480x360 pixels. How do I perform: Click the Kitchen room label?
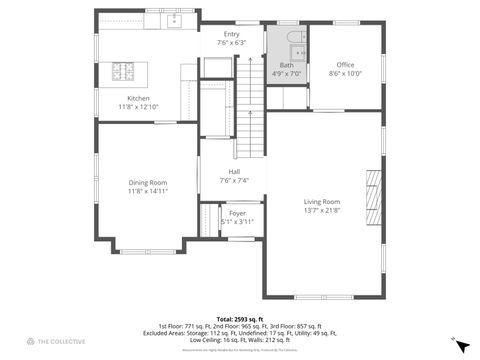(x=138, y=98)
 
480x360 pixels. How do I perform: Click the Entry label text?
(x=231, y=34)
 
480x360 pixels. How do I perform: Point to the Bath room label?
(x=286, y=65)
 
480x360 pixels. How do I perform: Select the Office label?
(x=345, y=65)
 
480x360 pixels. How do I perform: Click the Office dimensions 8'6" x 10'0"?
(x=345, y=73)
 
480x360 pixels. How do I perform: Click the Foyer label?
(x=237, y=213)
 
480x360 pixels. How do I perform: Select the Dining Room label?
(x=147, y=182)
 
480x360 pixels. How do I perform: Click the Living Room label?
(x=322, y=202)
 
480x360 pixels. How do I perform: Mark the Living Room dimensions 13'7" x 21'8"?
(x=322, y=210)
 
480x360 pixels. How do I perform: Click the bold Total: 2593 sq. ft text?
(x=240, y=318)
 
